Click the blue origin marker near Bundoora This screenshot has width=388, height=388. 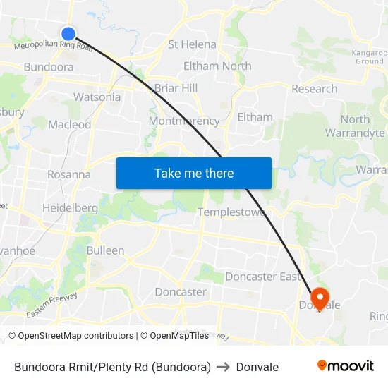pyautogui.click(x=68, y=33)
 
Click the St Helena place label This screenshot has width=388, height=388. pyautogui.click(x=192, y=44)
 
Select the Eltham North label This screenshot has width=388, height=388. pyautogui.click(x=217, y=66)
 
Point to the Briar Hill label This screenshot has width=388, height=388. pyautogui.click(x=176, y=88)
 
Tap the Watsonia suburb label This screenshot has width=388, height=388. pyautogui.click(x=97, y=97)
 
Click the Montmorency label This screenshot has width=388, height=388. pyautogui.click(x=184, y=121)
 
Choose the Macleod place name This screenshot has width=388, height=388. pyautogui.click(x=69, y=125)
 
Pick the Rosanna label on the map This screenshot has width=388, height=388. pyautogui.click(x=68, y=174)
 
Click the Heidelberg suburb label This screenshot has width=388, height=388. pyautogui.click(x=70, y=208)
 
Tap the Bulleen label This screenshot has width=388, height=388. pyautogui.click(x=105, y=250)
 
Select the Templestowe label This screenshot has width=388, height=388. pyautogui.click(x=231, y=212)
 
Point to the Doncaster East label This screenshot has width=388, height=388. pyautogui.click(x=262, y=277)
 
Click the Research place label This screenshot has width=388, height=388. pyautogui.click(x=314, y=89)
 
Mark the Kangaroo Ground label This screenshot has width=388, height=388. pyautogui.click(x=369, y=57)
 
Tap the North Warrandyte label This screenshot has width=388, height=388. pyautogui.click(x=363, y=126)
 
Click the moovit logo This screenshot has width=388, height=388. pyautogui.click(x=346, y=366)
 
